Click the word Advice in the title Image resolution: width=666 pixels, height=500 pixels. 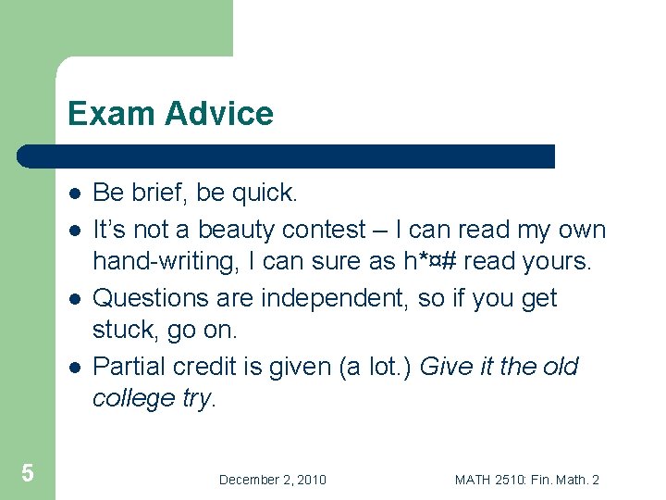219,114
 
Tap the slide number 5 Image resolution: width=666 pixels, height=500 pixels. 28,473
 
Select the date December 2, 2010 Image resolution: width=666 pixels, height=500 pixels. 272,480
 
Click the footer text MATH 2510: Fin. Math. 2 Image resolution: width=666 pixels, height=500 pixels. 526,480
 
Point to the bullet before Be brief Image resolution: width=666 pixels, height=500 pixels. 73,194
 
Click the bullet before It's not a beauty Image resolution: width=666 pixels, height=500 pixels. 73,229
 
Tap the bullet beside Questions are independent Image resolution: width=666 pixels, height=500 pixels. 73,298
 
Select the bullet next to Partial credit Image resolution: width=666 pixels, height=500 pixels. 73,367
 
